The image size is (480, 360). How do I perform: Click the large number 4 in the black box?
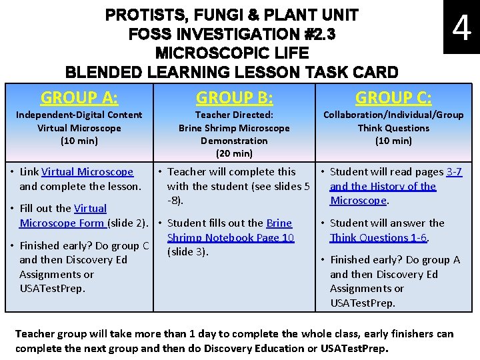pyautogui.click(x=461, y=29)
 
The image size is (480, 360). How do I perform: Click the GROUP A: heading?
pyautogui.click(x=79, y=98)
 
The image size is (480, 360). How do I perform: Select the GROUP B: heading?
pyautogui.click(x=234, y=98)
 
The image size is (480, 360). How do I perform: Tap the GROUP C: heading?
pyautogui.click(x=393, y=98)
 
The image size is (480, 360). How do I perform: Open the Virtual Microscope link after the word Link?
pyautogui.click(x=87, y=172)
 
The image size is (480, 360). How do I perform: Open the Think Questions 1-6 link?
pyautogui.click(x=379, y=237)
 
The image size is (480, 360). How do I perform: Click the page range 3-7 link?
pyautogui.click(x=454, y=172)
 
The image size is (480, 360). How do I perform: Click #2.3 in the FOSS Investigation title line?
pyautogui.click(x=313, y=33)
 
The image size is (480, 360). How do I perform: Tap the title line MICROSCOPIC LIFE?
pyautogui.click(x=232, y=53)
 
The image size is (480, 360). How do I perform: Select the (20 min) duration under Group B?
pyautogui.click(x=234, y=153)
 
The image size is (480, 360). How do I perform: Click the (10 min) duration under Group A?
pyautogui.click(x=79, y=141)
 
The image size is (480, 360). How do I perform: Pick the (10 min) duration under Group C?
pyautogui.click(x=393, y=141)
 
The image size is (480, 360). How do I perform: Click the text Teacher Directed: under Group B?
pyautogui.click(x=234, y=115)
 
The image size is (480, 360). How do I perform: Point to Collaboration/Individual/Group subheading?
pyautogui.click(x=393, y=115)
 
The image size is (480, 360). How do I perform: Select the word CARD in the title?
pyautogui.click(x=373, y=72)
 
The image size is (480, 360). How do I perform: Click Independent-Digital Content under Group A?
pyautogui.click(x=79, y=115)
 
